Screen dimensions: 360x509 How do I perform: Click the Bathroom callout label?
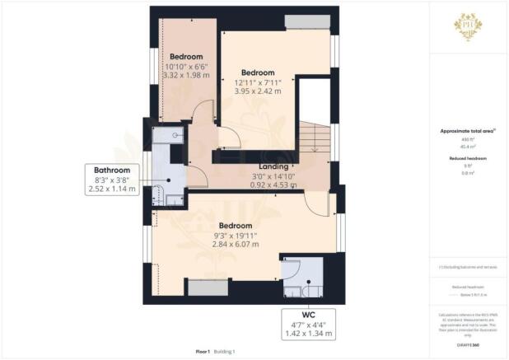point(110,180)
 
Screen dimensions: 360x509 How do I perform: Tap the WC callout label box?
point(307,324)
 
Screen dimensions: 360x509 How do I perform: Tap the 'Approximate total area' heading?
point(468,133)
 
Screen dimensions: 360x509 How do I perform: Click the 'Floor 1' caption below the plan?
point(203,351)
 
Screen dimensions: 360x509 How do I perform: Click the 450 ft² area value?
point(468,141)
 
